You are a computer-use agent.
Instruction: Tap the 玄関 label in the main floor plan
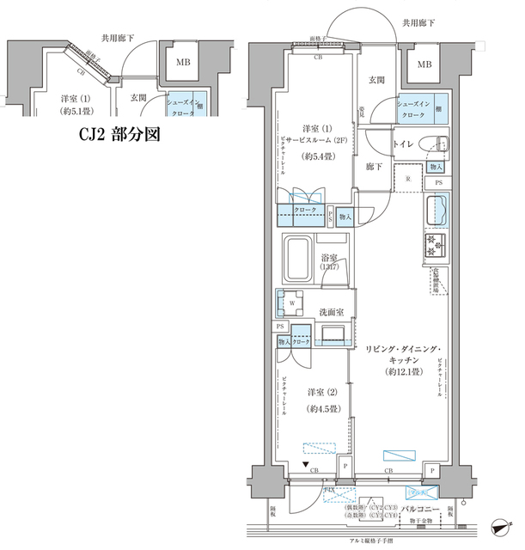coord(376,80)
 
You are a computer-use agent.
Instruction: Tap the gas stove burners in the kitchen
coord(434,246)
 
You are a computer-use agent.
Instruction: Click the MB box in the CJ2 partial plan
coord(184,63)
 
